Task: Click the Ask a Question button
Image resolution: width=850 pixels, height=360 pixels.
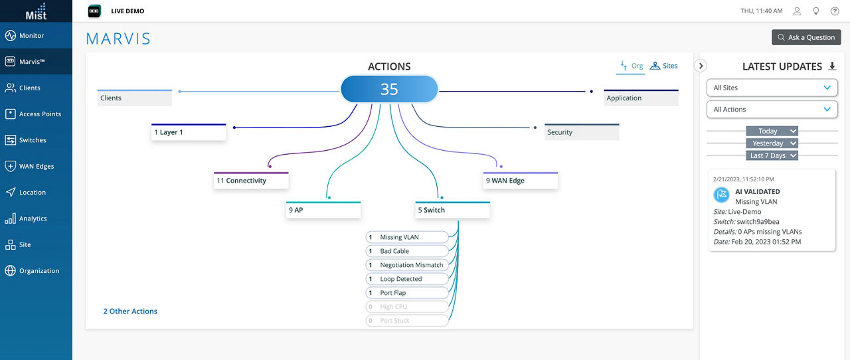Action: [806, 37]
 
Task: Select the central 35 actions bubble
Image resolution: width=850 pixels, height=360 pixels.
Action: [389, 89]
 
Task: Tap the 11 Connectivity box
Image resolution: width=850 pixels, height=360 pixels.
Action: [251, 181]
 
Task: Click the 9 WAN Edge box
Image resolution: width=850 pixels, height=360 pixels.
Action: [520, 181]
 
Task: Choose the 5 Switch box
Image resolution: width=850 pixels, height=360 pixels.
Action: [452, 210]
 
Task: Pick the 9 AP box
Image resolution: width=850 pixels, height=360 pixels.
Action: [323, 210]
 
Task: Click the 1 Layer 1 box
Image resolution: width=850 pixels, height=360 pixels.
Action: [189, 132]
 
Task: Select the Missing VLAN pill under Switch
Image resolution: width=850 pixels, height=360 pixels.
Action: [407, 237]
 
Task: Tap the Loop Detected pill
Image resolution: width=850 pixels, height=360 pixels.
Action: [407, 279]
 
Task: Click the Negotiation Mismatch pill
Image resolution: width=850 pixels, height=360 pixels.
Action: [407, 265]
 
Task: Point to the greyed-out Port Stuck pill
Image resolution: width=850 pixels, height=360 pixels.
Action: [407, 321]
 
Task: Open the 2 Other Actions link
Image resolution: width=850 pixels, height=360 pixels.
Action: [130, 311]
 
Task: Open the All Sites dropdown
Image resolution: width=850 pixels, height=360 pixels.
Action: [772, 88]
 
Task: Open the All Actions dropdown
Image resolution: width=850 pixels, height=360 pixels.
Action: [772, 109]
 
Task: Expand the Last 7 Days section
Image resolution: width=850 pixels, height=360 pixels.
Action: [772, 155]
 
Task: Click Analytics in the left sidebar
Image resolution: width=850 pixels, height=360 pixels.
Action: [33, 219]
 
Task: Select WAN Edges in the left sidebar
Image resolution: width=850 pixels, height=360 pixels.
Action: [36, 166]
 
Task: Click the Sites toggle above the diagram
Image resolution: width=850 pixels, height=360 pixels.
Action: [663, 66]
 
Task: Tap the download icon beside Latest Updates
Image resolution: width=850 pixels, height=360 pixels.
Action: [833, 66]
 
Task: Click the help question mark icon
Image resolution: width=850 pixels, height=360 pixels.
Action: [835, 11]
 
